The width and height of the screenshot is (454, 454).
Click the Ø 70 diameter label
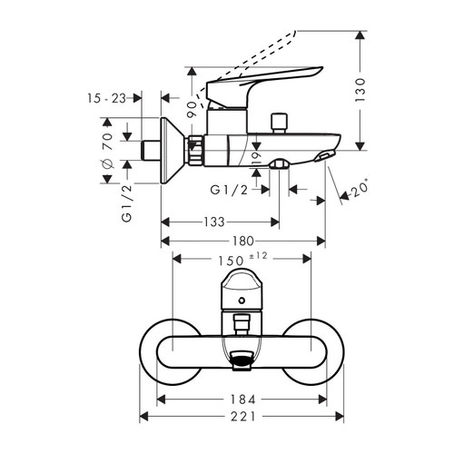coord(106,148)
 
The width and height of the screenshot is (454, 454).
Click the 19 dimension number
coord(257,161)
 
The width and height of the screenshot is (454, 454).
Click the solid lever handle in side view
coord(272,79)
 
